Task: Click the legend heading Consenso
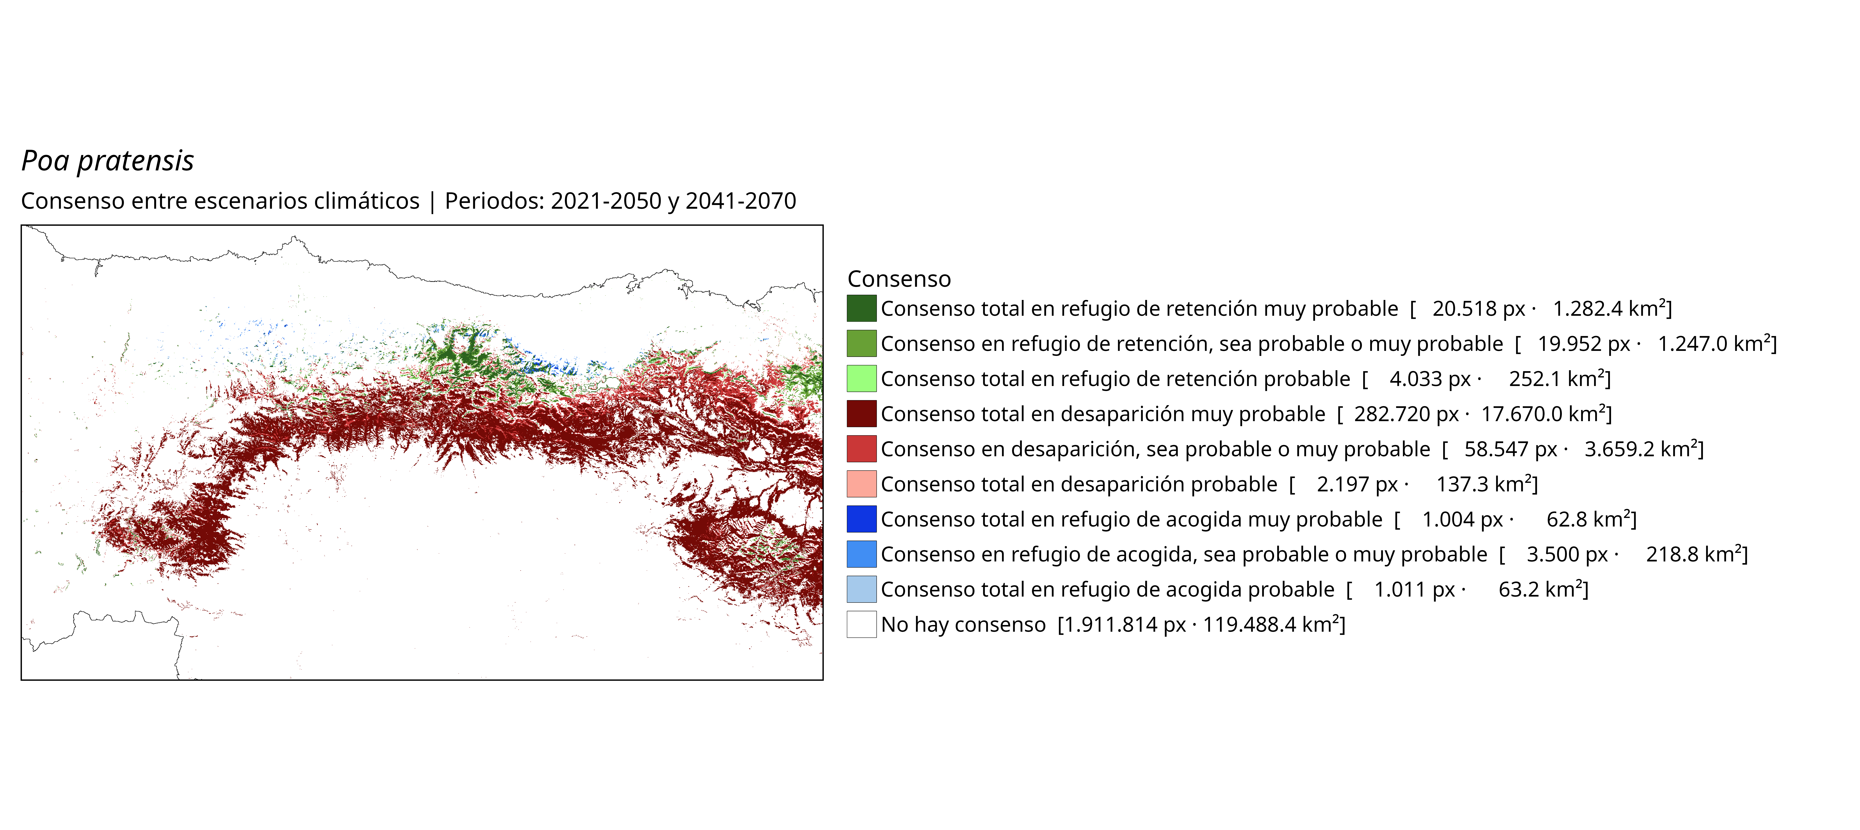click(899, 279)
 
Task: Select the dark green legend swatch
click(861, 308)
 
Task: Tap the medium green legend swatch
click(861, 344)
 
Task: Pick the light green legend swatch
click(861, 378)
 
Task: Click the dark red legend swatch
click(861, 414)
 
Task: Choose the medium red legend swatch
click(861, 449)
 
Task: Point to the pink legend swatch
click(861, 484)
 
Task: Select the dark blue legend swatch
click(861, 519)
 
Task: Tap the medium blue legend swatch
click(861, 554)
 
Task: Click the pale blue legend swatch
click(861, 589)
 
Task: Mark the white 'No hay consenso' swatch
click(861, 624)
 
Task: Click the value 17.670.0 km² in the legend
click(1544, 414)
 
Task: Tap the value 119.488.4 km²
click(1271, 624)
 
